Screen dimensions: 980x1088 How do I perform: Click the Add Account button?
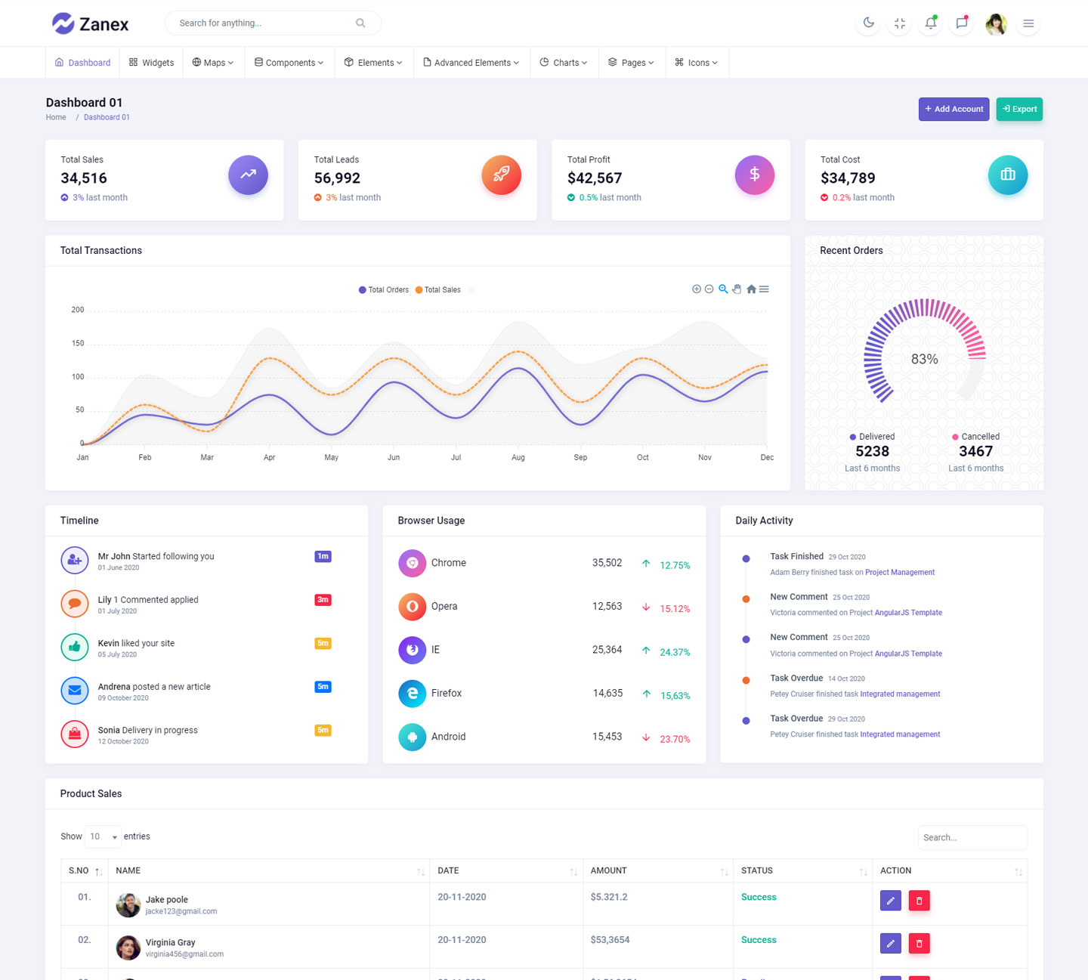tap(954, 109)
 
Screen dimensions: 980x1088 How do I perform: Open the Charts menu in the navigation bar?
tap(564, 63)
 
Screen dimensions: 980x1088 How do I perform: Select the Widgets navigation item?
tap(151, 63)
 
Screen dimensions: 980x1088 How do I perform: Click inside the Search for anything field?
tap(264, 23)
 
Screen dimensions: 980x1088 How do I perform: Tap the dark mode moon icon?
tap(869, 23)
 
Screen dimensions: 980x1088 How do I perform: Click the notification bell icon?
tap(931, 23)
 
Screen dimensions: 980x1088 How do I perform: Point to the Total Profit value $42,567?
tap(595, 178)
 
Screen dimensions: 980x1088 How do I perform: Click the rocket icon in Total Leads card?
tap(501, 175)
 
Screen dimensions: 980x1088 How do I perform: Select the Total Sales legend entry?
tap(438, 290)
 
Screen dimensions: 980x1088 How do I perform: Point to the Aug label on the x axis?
tap(518, 458)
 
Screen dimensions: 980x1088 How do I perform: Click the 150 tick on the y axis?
tap(78, 343)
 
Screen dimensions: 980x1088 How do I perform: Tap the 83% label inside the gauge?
tap(924, 360)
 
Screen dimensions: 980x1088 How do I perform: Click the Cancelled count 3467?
tap(975, 452)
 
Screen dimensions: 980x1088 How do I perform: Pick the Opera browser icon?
tap(412, 606)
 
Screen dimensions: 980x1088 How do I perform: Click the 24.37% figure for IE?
tap(675, 652)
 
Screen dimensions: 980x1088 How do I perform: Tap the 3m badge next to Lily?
tap(323, 600)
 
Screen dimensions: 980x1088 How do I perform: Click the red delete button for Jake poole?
tap(919, 901)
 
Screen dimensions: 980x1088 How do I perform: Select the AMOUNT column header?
tap(608, 870)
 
